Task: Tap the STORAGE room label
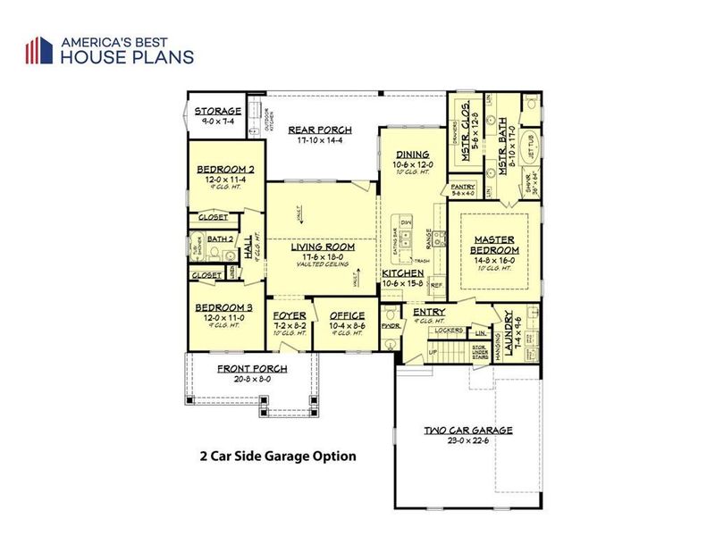[x=219, y=112]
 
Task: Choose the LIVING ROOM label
[x=323, y=247]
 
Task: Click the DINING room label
[x=413, y=154]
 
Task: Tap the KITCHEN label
[x=404, y=272]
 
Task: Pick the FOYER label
[x=290, y=316]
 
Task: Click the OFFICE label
[x=346, y=316]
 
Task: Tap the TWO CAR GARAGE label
[x=468, y=430]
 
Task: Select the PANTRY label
[x=464, y=186]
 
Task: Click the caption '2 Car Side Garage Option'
[x=278, y=456]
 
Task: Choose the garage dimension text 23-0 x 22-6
[x=468, y=440]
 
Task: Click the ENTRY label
[x=416, y=312]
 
